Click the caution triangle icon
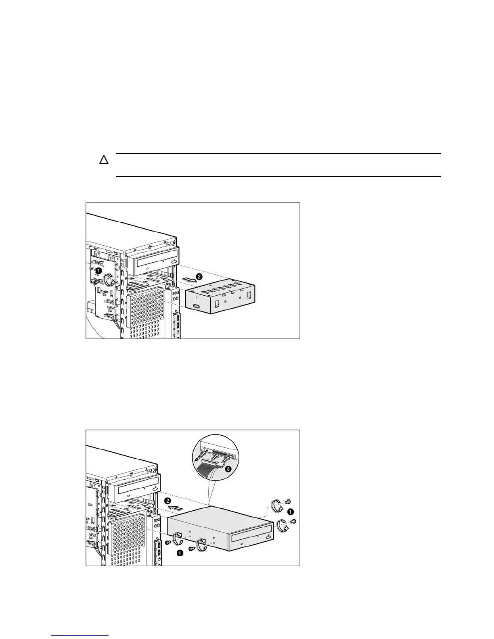[x=104, y=160]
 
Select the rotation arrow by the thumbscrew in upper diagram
[x=108, y=278]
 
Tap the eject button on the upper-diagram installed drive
[x=174, y=261]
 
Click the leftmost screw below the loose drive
[x=167, y=543]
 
